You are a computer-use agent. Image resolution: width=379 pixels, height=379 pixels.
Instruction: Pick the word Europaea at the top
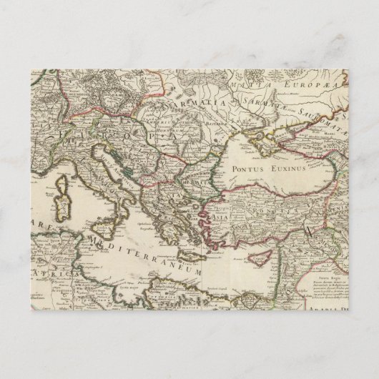click(321, 84)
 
